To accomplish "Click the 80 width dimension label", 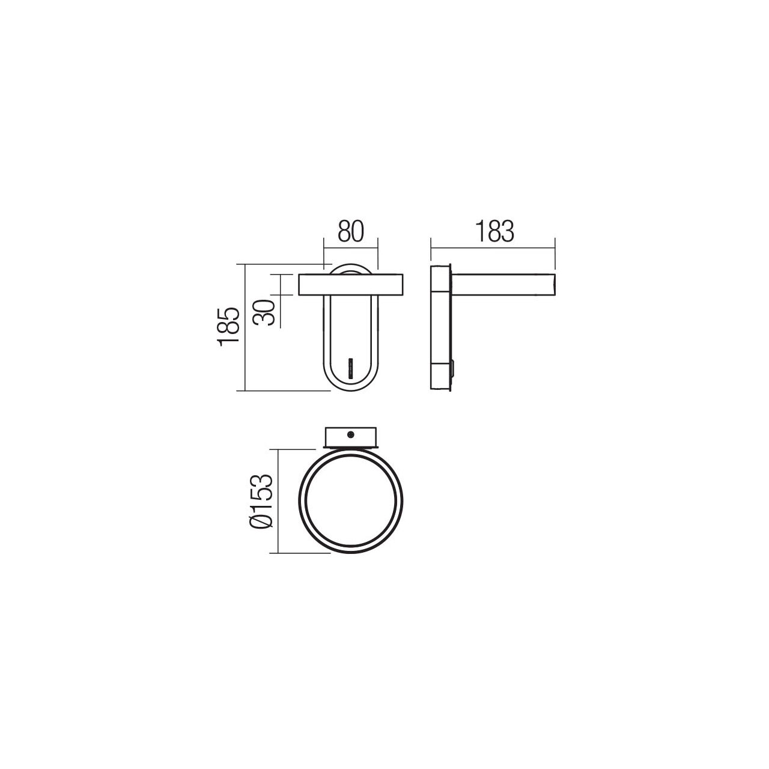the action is point(351,231).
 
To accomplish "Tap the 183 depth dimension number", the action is point(494,231).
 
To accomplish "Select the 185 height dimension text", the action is point(228,327).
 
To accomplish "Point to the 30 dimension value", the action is point(264,312).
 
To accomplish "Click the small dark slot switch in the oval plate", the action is point(351,368).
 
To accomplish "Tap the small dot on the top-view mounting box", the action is point(351,434).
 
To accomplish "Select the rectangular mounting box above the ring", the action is point(351,437).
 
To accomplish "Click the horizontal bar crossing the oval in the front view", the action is point(351,285).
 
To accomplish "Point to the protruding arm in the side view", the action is point(503,285).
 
